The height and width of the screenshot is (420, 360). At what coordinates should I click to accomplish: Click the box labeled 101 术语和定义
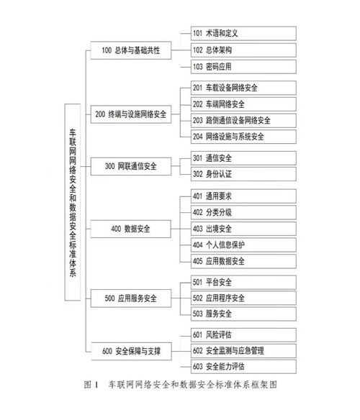pos(243,33)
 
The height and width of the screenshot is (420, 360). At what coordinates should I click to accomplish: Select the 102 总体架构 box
pos(243,50)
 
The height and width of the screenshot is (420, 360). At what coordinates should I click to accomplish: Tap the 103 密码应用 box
pos(243,66)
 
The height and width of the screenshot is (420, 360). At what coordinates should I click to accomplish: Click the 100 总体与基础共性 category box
pos(131,50)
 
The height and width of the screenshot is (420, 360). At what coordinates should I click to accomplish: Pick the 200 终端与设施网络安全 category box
pos(131,114)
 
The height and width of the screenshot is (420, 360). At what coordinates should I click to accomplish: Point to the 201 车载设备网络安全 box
pos(243,88)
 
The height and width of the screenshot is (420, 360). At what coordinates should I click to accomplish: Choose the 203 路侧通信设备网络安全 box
pos(243,121)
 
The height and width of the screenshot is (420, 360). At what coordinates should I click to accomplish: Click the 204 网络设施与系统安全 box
pos(243,137)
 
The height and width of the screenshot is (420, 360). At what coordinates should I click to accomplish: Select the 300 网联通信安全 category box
pos(131,166)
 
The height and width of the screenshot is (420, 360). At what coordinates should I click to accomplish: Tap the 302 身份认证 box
pos(243,174)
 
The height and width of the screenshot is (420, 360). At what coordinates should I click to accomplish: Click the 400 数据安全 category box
pos(130,229)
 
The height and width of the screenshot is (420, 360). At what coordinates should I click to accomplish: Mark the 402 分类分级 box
pos(243,212)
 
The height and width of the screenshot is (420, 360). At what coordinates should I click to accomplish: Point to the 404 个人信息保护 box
pos(243,245)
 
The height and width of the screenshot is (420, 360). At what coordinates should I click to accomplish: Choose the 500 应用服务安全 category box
pos(131,298)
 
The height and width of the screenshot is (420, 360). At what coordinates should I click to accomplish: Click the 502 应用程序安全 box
pos(243,298)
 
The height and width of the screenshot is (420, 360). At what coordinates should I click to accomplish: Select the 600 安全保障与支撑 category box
pos(131,351)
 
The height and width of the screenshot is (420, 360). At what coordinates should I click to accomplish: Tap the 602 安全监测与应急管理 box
pos(243,351)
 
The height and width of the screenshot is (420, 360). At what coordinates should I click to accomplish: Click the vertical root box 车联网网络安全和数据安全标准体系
pos(73,202)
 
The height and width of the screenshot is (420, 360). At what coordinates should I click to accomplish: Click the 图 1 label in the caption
pos(91,385)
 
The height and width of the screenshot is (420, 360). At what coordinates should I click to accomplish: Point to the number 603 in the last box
pos(197,367)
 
